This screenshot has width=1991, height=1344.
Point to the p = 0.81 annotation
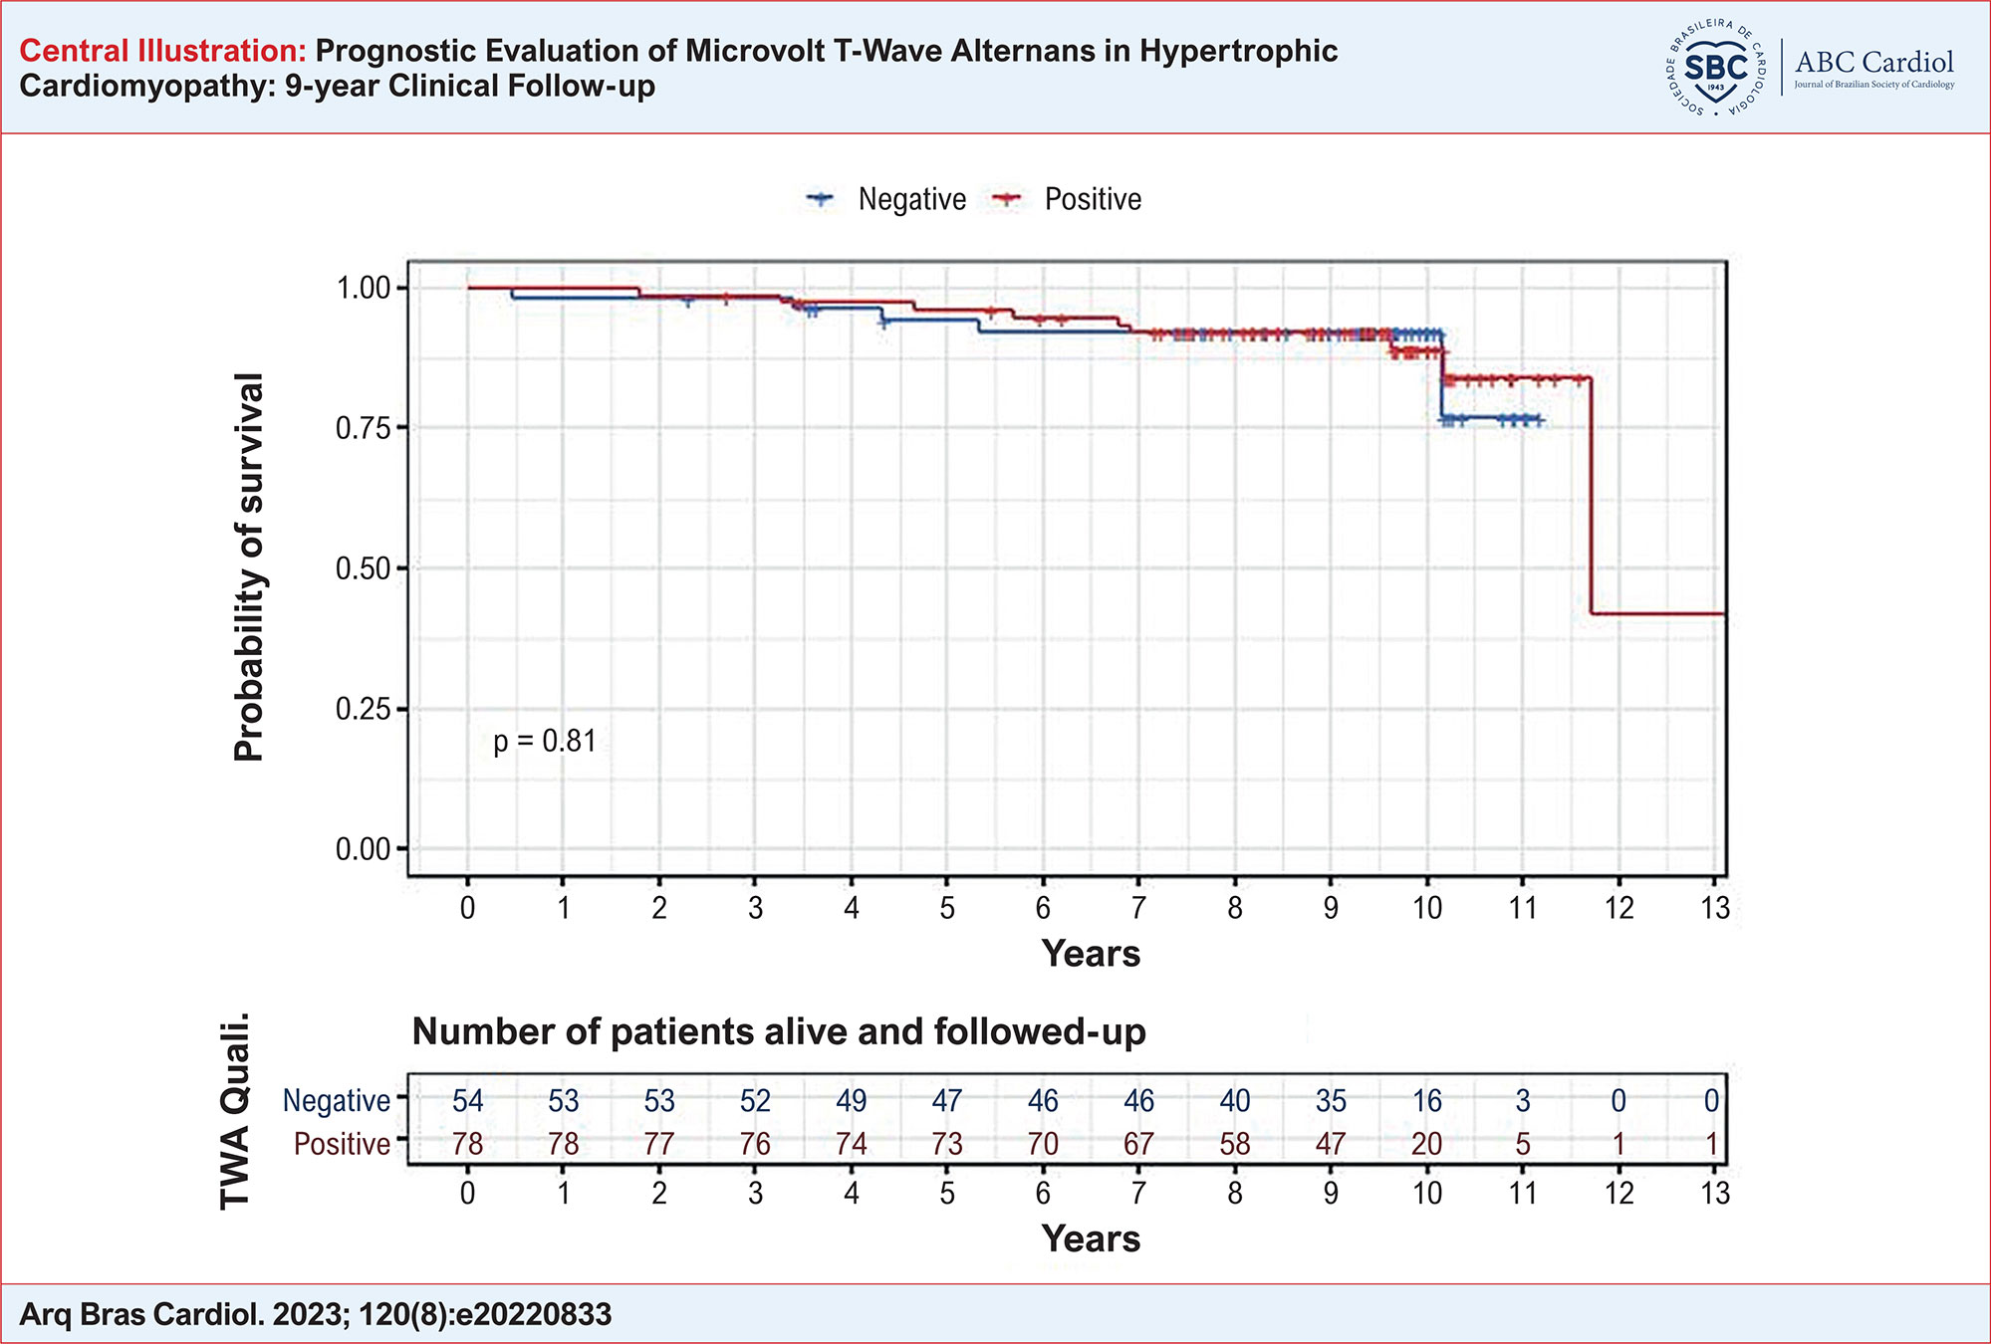[545, 741]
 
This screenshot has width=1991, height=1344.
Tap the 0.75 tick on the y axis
[363, 428]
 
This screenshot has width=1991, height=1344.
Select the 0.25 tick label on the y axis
[363, 709]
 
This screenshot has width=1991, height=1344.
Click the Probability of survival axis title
[249, 567]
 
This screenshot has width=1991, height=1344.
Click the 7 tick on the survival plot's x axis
[1138, 907]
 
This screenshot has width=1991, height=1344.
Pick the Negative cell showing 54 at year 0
[467, 1100]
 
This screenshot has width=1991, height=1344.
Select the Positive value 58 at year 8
[1234, 1144]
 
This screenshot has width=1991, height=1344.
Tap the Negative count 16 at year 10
[1426, 1100]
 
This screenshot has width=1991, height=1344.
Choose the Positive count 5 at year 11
[1522, 1144]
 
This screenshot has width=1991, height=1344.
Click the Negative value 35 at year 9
[1331, 1100]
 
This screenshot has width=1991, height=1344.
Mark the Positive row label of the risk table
[342, 1144]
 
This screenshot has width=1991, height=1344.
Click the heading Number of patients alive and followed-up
[779, 1031]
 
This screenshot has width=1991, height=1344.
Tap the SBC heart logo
[1715, 68]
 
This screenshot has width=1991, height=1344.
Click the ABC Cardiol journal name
[1873, 63]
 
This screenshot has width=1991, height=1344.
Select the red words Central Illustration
[163, 51]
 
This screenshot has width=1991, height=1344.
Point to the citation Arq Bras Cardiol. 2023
[315, 1314]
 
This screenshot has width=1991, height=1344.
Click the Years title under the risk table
[1091, 1238]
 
